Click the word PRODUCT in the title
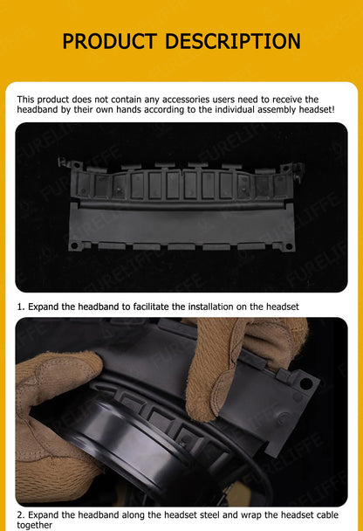click(x=110, y=41)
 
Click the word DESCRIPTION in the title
click(x=233, y=41)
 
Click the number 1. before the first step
click(x=21, y=307)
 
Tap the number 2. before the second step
click(x=21, y=515)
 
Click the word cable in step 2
click(x=327, y=515)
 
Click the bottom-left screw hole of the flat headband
click(x=74, y=245)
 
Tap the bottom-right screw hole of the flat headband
click(x=289, y=246)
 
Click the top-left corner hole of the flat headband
click(x=77, y=165)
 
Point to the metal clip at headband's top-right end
click(x=298, y=171)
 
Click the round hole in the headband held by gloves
click(x=305, y=383)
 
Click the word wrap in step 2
click(x=251, y=516)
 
